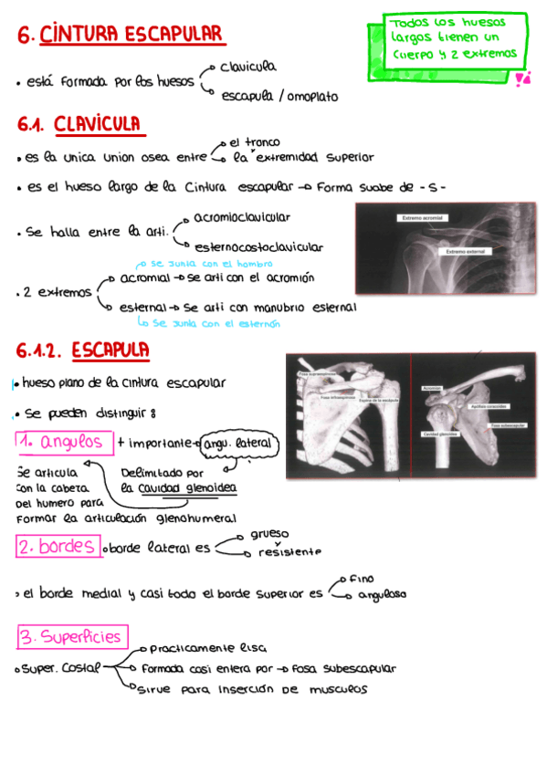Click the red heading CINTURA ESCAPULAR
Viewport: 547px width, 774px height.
[132, 35]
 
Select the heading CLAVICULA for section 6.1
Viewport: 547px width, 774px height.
[97, 123]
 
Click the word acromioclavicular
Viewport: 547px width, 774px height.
[242, 217]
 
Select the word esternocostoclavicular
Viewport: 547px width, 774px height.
[258, 246]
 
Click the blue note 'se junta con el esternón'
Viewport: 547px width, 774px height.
[208, 322]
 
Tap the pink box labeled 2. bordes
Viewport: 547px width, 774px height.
[58, 547]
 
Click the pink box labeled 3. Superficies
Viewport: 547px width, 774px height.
[72, 636]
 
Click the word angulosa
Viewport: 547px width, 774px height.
[382, 594]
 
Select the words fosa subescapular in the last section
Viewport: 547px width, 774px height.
[344, 668]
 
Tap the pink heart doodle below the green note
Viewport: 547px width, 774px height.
[522, 80]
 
